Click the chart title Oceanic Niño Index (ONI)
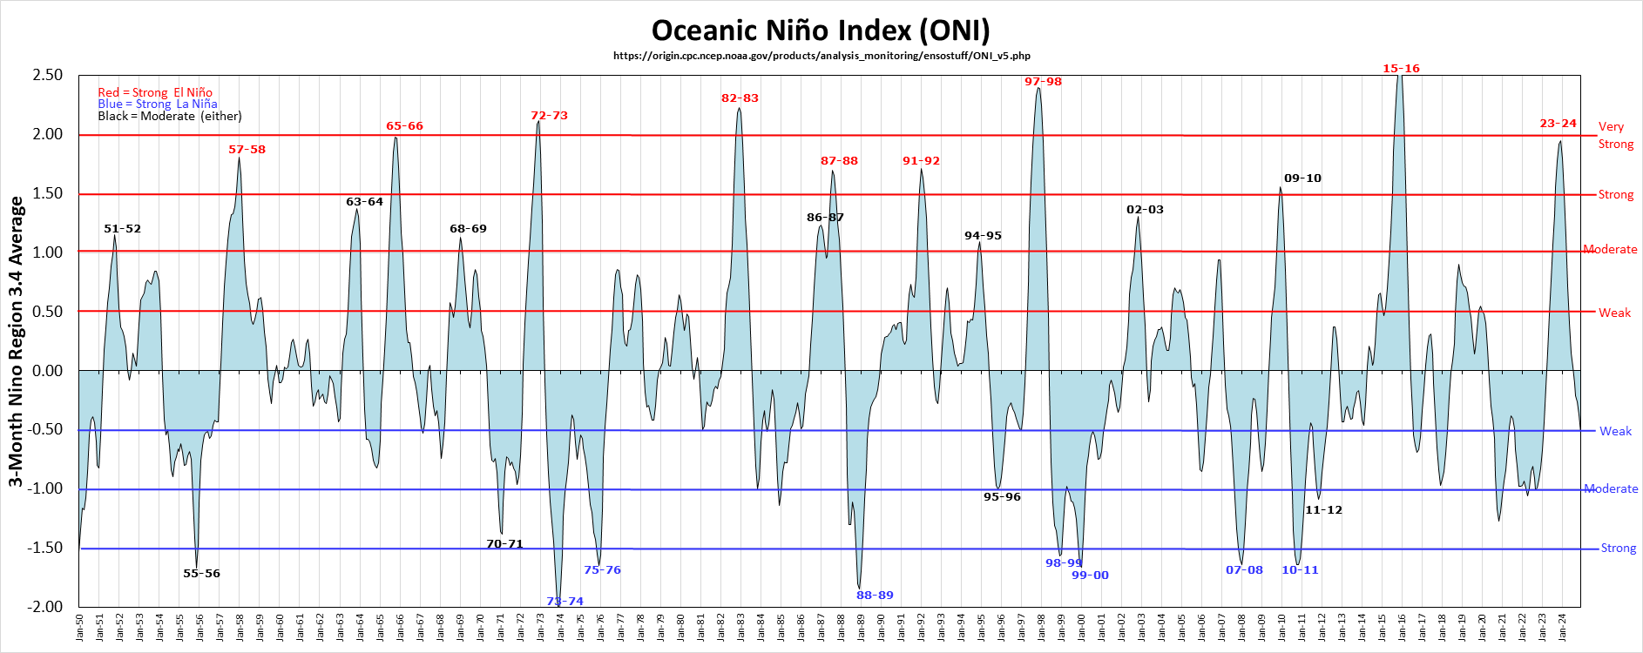pyautogui.click(x=821, y=30)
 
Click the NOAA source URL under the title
pyautogui.click(x=821, y=56)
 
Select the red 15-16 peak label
pyautogui.click(x=1401, y=69)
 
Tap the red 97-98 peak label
pyautogui.click(x=1043, y=82)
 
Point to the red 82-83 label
pyautogui.click(x=740, y=98)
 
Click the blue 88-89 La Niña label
pyautogui.click(x=875, y=596)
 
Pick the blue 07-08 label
pyautogui.click(x=1244, y=570)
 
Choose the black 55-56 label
pyautogui.click(x=201, y=574)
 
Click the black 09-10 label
pyautogui.click(x=1302, y=178)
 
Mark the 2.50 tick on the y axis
pyautogui.click(x=48, y=75)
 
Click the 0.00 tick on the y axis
pyautogui.click(x=48, y=371)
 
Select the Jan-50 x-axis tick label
pyautogui.click(x=80, y=627)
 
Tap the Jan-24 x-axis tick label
pyautogui.click(x=1563, y=627)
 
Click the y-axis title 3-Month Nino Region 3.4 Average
pyautogui.click(x=16, y=341)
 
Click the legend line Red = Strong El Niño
pyautogui.click(x=155, y=92)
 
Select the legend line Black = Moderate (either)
pyautogui.click(x=170, y=116)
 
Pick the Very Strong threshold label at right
pyautogui.click(x=1615, y=135)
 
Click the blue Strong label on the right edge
pyautogui.click(x=1618, y=549)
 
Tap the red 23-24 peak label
pyautogui.click(x=1558, y=124)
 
